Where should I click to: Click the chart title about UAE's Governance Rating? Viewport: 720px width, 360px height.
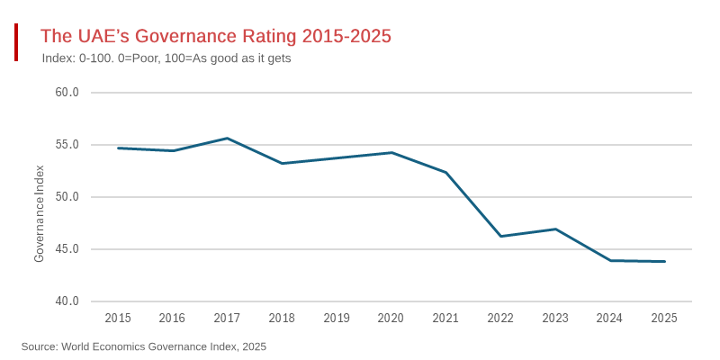[216, 36]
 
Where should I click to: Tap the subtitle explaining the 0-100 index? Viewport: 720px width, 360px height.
[166, 58]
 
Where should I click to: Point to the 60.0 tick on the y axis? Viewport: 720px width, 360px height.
[67, 93]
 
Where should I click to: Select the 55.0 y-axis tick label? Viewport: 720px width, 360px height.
[67, 145]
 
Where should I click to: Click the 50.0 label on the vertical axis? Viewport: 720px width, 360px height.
[67, 197]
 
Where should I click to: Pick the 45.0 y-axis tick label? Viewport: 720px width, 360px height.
[67, 249]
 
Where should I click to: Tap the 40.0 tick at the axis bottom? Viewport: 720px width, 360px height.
[67, 301]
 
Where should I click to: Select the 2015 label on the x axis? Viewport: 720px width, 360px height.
[118, 318]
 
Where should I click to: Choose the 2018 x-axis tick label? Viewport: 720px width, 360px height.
[282, 318]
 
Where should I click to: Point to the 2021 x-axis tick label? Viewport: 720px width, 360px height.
[445, 318]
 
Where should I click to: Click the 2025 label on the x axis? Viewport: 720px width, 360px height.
[664, 318]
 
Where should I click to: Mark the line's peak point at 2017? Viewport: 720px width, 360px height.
[227, 139]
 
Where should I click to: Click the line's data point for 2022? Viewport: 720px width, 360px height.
[500, 236]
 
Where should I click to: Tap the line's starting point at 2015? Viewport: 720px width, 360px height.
[118, 148]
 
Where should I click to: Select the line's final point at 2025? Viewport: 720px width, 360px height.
[664, 261]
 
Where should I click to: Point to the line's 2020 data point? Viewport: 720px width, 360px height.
[391, 153]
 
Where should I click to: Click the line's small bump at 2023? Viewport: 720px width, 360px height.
[555, 229]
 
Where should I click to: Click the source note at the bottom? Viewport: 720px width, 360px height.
[144, 346]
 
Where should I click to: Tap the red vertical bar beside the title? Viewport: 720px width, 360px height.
[16, 42]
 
